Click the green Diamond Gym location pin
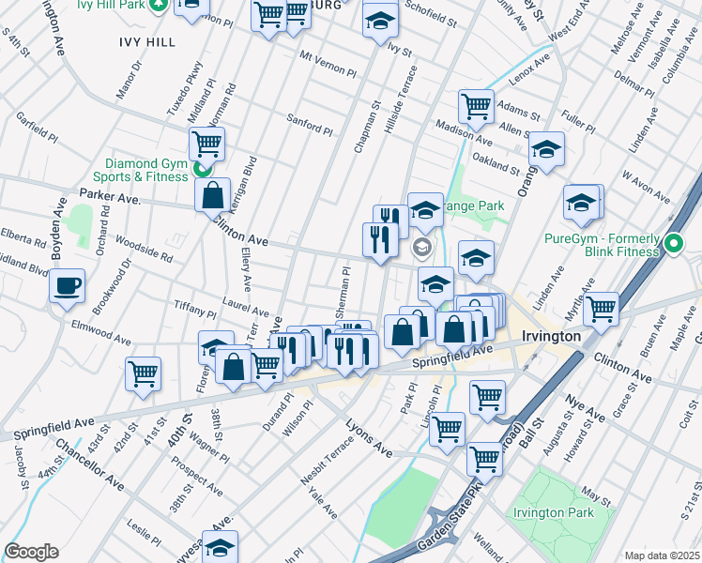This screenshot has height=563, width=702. [x=200, y=170]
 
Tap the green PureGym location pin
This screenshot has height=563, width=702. [x=673, y=246]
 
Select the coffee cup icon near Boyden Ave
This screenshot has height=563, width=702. [x=68, y=285]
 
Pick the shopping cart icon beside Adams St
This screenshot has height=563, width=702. [x=477, y=106]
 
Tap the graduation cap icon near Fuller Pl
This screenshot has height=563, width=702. [x=546, y=149]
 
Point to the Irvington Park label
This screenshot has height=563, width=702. [x=553, y=512]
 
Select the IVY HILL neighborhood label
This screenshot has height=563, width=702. [x=147, y=42]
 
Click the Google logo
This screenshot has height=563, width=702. [x=31, y=552]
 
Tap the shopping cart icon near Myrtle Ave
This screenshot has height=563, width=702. [x=600, y=308]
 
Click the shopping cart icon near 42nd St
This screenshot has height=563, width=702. [x=144, y=373]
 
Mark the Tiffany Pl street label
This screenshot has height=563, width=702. [x=196, y=309]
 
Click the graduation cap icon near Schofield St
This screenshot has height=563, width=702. [x=380, y=20]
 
